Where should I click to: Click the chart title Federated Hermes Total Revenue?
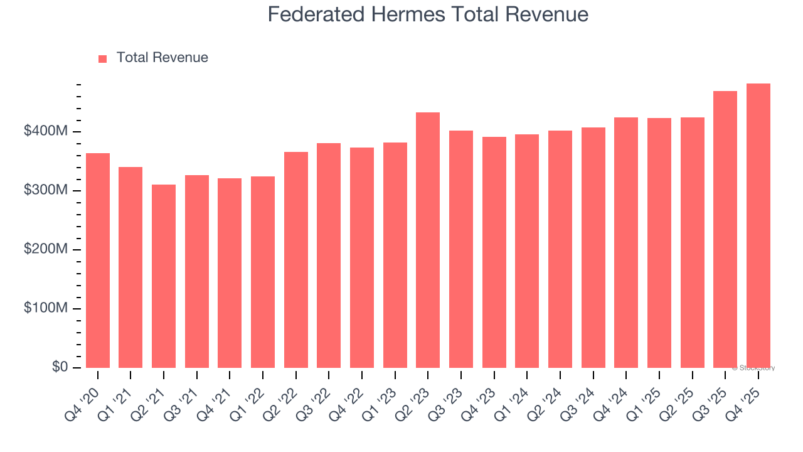point(428,14)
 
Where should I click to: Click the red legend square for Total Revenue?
point(103,58)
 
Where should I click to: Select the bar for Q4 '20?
point(98,261)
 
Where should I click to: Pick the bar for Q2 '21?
point(164,276)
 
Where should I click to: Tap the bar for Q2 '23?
point(428,240)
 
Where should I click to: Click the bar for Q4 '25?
point(758,226)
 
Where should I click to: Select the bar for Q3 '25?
point(725,229)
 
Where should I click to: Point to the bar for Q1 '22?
point(263,272)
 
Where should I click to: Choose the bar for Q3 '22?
point(329,256)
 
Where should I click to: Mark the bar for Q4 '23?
point(494,252)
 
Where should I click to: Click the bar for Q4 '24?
point(626,242)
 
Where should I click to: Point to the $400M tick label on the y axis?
point(46,131)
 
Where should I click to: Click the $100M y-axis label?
point(46,308)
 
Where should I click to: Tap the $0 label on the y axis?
point(60,367)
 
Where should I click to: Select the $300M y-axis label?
point(46,190)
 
